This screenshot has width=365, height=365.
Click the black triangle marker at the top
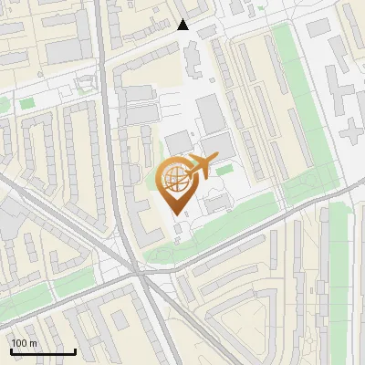[183, 25]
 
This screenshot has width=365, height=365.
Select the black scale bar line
[43, 351]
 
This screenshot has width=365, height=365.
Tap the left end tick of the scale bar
[11, 349]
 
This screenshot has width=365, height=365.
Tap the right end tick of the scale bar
[75, 349]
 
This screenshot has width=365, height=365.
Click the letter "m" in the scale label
[33, 343]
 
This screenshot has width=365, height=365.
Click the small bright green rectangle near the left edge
[26, 103]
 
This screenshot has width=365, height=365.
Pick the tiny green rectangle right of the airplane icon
[224, 169]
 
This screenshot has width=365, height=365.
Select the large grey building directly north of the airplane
[210, 114]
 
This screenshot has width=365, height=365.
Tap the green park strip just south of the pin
[219, 233]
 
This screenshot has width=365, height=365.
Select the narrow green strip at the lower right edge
[339, 274]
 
